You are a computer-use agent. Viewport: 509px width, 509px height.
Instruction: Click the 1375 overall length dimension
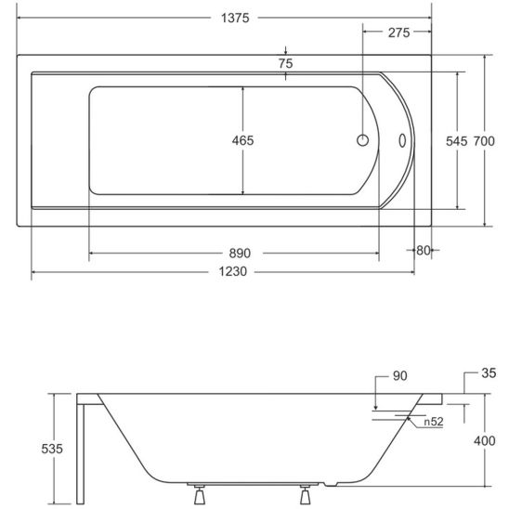pos(235,18)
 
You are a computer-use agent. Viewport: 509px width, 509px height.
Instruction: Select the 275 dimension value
pos(399,33)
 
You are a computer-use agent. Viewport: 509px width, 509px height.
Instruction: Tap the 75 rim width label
pos(286,63)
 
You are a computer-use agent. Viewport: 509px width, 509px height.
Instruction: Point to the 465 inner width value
pos(242,140)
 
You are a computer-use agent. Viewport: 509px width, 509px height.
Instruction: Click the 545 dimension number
pos(456,141)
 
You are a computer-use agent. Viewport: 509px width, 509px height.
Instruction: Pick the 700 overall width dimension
pos(484,141)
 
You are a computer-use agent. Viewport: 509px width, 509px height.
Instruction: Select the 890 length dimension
pos(240,254)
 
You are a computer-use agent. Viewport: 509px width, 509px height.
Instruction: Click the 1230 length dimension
pos(233,271)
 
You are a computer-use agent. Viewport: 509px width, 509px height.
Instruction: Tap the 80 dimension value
pos(424,250)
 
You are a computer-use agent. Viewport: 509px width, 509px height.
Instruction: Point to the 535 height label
pos(52,449)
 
